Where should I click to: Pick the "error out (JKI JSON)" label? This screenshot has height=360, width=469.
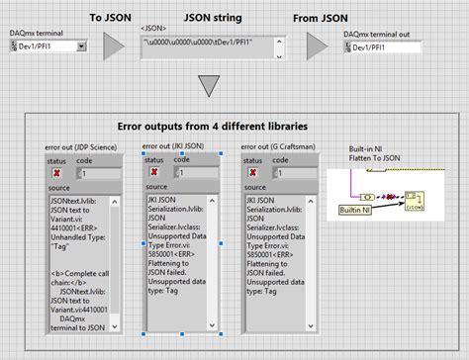(180, 146)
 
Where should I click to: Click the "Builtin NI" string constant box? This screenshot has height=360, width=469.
(354, 210)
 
